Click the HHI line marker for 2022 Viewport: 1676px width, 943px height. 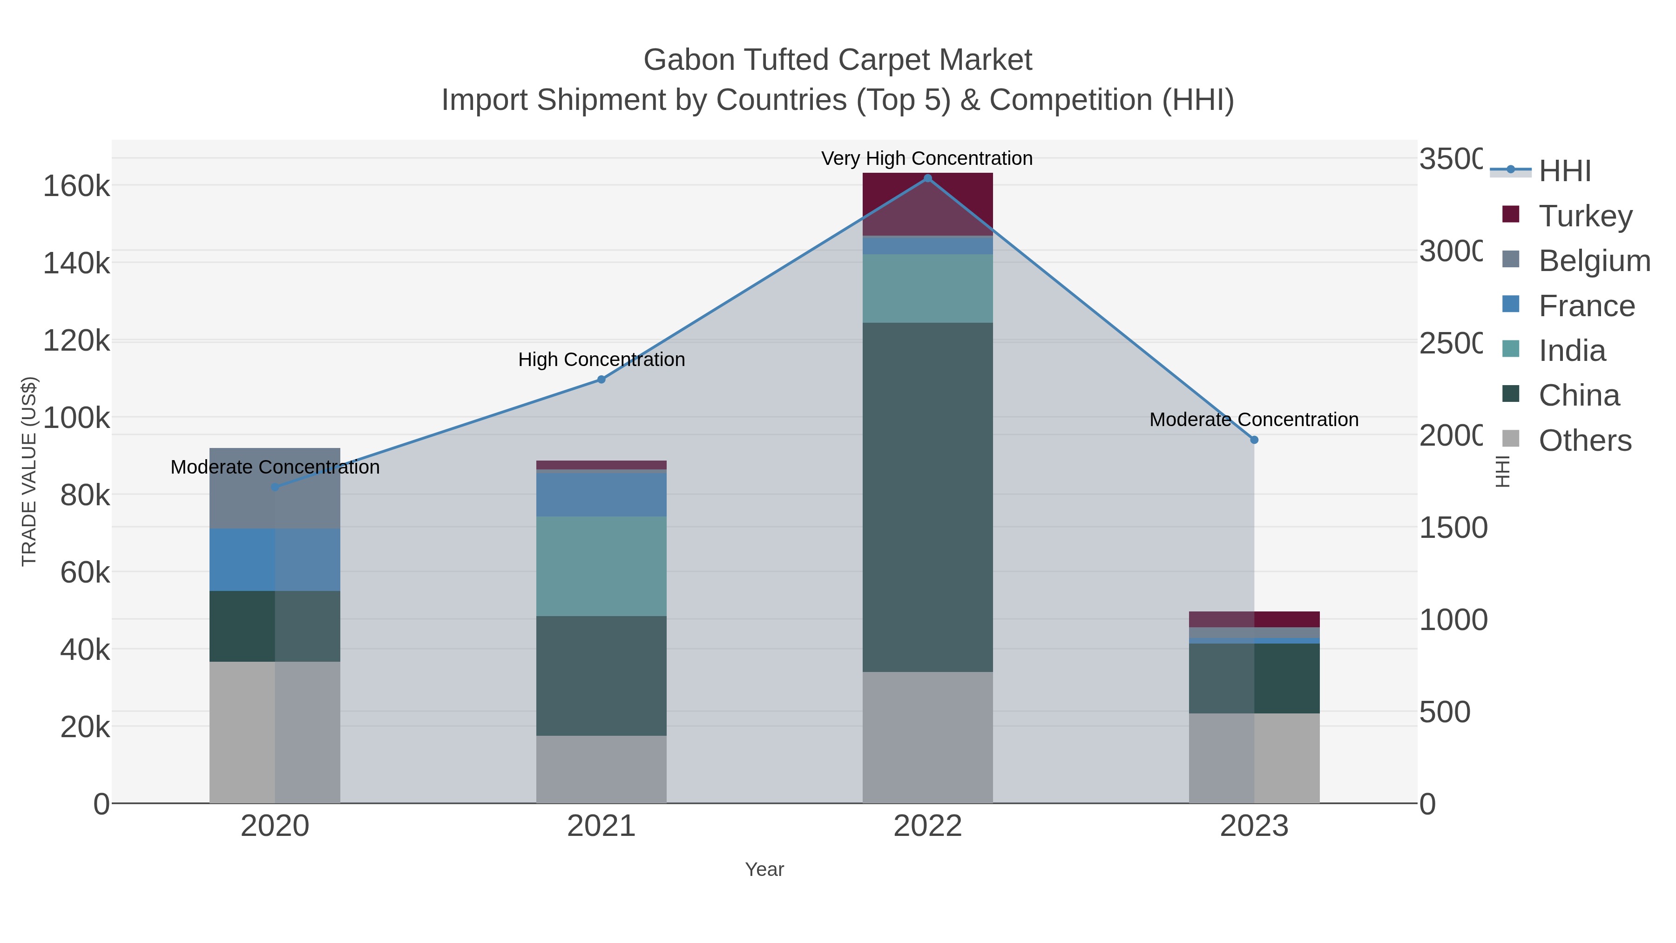click(928, 178)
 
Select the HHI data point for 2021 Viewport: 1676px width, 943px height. click(601, 380)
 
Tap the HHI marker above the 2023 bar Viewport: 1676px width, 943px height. click(1254, 440)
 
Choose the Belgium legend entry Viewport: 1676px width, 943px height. click(1594, 260)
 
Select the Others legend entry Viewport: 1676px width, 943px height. click(1584, 441)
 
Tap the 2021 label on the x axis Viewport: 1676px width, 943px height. click(601, 827)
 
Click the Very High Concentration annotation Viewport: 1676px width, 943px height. click(926, 158)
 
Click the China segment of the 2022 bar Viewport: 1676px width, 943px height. click(928, 497)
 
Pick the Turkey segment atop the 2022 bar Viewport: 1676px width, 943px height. click(928, 204)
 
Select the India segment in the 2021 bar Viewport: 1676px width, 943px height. click(601, 566)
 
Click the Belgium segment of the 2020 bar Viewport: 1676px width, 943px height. click(275, 488)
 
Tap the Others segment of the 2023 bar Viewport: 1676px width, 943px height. click(1254, 758)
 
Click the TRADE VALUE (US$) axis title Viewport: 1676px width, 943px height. click(29, 471)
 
